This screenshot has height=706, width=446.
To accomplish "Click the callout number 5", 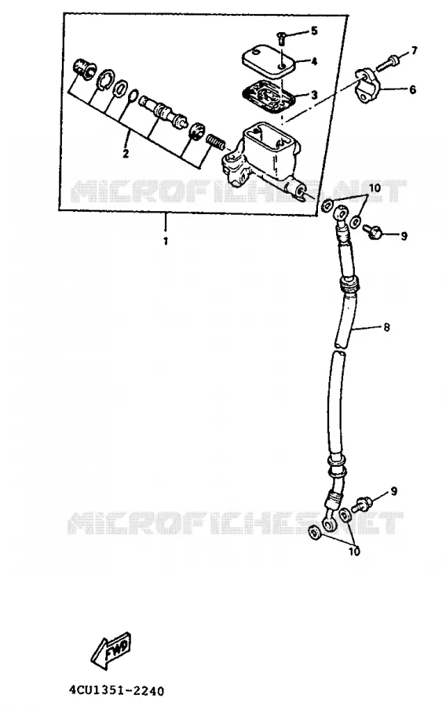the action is point(314,31).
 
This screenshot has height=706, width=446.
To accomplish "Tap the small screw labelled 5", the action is point(280,38).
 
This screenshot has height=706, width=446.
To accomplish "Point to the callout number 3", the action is point(314,95).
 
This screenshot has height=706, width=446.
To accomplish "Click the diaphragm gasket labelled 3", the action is point(268,96).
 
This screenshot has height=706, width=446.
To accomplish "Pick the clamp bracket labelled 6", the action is point(367,86).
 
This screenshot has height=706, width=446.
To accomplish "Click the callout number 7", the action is point(414,49).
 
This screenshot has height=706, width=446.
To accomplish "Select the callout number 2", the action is point(126,154).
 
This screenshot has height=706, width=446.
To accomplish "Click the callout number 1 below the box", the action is point(166,241).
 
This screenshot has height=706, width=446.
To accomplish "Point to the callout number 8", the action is point(386,327).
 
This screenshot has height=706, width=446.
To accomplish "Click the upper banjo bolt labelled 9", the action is point(372,232).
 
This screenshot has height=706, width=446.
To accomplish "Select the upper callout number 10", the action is point(375,187).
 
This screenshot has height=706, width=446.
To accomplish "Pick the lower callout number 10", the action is point(354,551).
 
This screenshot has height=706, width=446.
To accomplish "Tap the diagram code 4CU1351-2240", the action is point(117,690).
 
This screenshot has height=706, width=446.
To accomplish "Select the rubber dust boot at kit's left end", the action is point(84,67).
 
